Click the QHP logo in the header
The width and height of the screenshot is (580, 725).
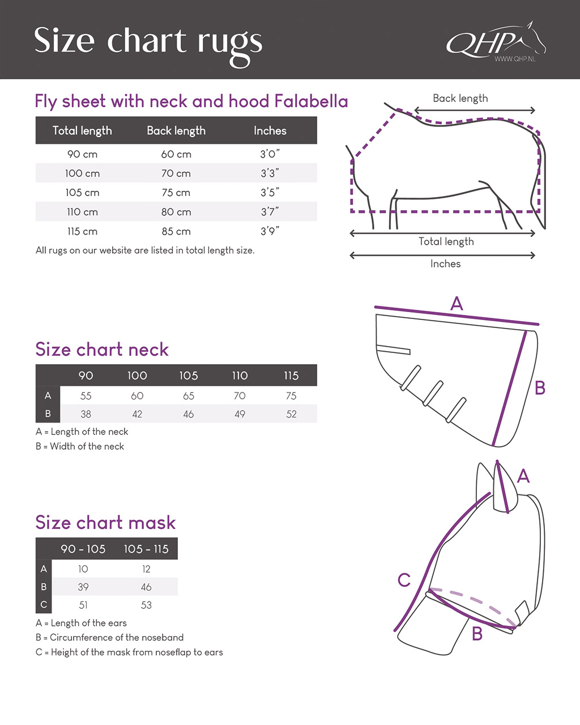click(x=494, y=42)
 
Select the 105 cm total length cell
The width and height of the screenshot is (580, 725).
click(x=82, y=193)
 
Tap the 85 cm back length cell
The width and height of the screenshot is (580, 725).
click(x=176, y=231)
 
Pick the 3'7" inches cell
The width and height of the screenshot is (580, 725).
click(x=270, y=212)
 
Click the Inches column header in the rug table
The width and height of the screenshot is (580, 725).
click(x=270, y=131)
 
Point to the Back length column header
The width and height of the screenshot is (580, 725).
click(x=176, y=131)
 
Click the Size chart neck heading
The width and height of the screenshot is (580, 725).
click(x=102, y=349)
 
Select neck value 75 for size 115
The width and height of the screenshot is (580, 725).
click(x=291, y=396)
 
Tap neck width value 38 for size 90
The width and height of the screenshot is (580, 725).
click(x=86, y=414)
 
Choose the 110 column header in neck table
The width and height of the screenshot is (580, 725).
click(x=240, y=376)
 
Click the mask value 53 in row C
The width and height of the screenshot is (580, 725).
click(x=146, y=605)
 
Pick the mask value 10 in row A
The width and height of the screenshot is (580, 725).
click(x=83, y=569)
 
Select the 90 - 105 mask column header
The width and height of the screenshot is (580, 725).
click(x=83, y=549)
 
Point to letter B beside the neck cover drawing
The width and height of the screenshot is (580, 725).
click(x=540, y=388)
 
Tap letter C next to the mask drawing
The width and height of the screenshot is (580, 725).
click(x=404, y=580)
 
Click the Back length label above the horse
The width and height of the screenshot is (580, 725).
click(x=460, y=98)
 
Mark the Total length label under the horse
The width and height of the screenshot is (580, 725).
click(x=446, y=241)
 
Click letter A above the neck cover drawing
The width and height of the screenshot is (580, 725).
click(x=457, y=304)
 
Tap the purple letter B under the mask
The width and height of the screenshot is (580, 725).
click(x=477, y=633)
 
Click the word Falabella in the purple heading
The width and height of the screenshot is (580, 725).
click(x=311, y=101)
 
